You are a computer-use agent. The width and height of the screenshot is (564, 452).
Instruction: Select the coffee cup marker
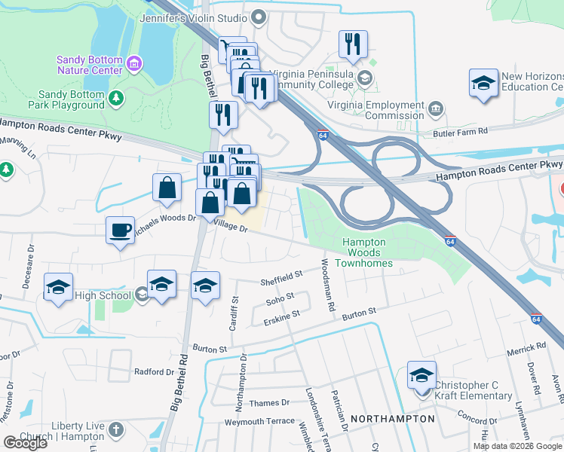[120, 230]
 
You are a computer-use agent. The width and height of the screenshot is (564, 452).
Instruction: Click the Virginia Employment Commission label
[374, 110]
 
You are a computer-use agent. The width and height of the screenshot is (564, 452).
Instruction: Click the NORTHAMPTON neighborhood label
[394, 418]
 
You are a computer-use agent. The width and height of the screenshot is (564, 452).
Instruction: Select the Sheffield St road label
[281, 278]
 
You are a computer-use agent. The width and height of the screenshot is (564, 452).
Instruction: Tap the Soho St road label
[279, 300]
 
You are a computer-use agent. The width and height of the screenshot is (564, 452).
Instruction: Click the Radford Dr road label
[154, 371]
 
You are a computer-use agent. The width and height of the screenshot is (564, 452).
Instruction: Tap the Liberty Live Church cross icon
[115, 429]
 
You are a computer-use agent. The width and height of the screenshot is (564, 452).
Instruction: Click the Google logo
[25, 442]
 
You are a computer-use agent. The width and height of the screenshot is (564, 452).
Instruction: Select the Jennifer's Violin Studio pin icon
[259, 16]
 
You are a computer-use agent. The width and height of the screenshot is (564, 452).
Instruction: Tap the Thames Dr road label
[269, 403]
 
